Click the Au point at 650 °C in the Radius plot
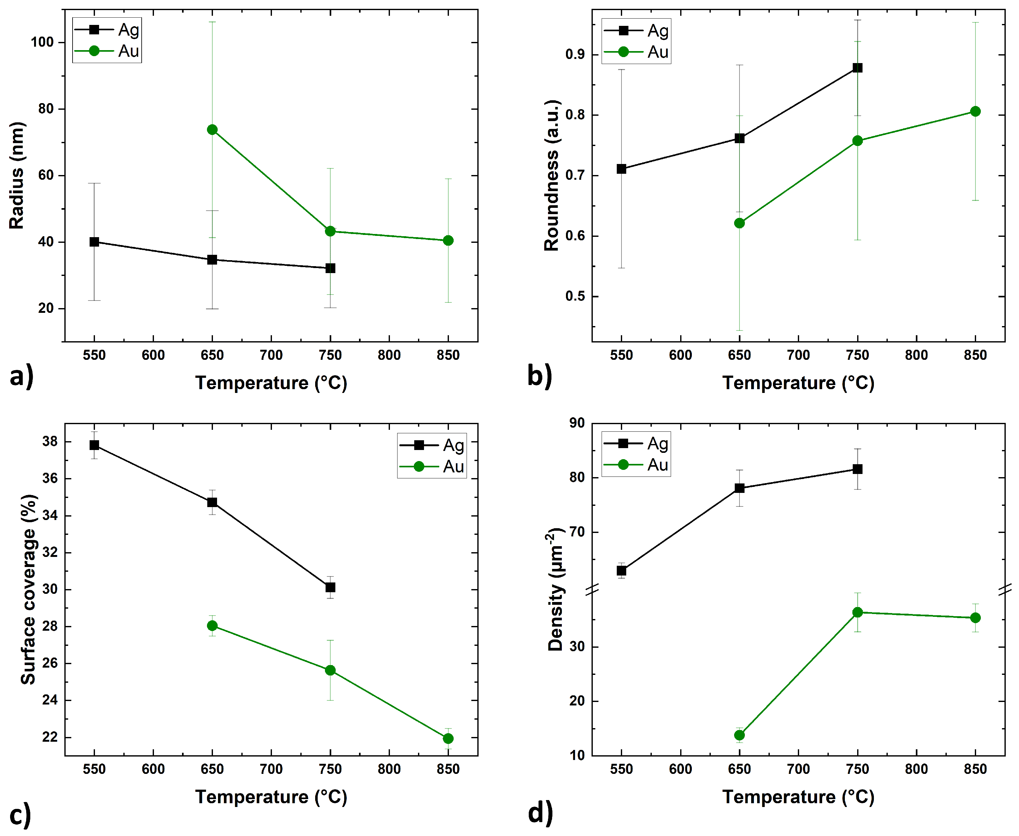click(x=212, y=130)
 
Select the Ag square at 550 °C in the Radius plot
click(x=94, y=242)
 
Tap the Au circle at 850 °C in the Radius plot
click(x=448, y=240)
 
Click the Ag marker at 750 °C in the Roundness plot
click(x=857, y=68)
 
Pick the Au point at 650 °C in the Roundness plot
click(x=739, y=223)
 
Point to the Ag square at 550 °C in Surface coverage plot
click(x=94, y=445)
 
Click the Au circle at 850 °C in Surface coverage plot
click(x=448, y=738)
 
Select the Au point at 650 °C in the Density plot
click(x=739, y=735)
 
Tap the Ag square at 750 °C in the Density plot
click(x=857, y=469)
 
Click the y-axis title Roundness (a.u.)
click(x=552, y=175)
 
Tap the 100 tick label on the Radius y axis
click(x=42, y=42)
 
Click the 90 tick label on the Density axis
click(x=577, y=423)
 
